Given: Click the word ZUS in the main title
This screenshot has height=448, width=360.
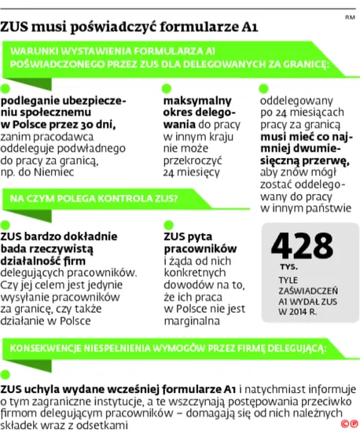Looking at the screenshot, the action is click(x=17, y=28).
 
